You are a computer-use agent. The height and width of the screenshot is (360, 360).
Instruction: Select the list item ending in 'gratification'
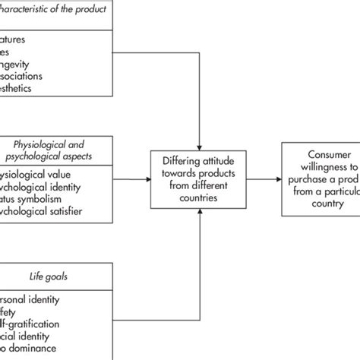(38, 321)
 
